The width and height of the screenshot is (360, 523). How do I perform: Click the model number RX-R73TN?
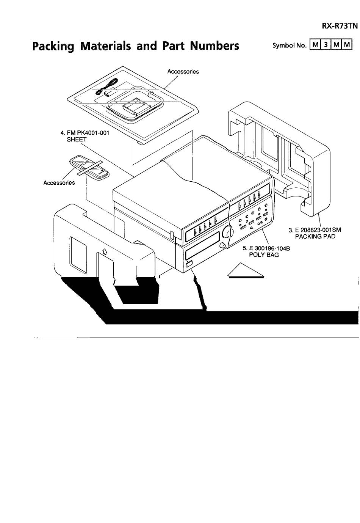click(x=340, y=25)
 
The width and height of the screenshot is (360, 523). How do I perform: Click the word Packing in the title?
click(x=53, y=46)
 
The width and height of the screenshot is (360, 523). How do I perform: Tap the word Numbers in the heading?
click(x=214, y=46)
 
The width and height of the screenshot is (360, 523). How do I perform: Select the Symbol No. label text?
click(x=290, y=45)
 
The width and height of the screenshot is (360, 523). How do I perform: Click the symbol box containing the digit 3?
click(x=326, y=44)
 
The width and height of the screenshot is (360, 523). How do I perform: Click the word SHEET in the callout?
click(x=77, y=140)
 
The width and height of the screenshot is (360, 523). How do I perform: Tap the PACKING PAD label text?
click(x=315, y=237)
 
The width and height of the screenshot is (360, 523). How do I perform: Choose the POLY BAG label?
click(x=264, y=255)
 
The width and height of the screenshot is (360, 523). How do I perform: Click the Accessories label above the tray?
click(x=183, y=72)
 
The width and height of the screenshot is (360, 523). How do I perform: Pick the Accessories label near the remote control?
click(x=59, y=182)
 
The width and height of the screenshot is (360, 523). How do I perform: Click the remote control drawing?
click(x=89, y=167)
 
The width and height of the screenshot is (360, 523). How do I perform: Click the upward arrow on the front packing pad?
click(x=105, y=251)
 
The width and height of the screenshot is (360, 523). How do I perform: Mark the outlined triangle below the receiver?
click(x=246, y=270)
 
